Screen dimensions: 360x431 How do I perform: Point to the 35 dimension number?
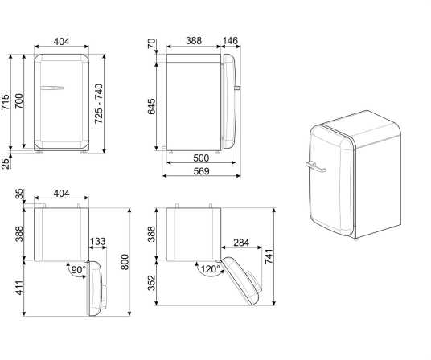[x=18, y=195]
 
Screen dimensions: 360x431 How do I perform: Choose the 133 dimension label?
[x=98, y=242]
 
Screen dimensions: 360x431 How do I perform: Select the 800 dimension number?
[x=125, y=263]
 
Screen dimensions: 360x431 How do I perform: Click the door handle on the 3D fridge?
[x=315, y=167]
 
